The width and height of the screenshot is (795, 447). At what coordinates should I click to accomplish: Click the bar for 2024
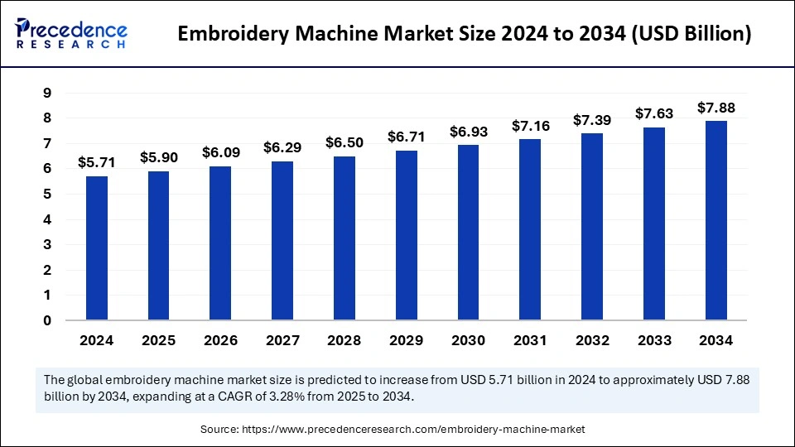point(97,248)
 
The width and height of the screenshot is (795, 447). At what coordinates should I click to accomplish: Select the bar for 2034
point(715,220)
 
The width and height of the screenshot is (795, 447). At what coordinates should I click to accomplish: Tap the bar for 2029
point(407,235)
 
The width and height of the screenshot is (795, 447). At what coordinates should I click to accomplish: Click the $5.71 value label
point(97,163)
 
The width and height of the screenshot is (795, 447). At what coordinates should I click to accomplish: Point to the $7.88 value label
point(715,108)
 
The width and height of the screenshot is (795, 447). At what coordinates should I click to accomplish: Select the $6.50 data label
point(344,143)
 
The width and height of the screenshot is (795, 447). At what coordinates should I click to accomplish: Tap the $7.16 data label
point(530,126)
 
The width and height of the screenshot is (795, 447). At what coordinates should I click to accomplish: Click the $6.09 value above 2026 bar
point(220,153)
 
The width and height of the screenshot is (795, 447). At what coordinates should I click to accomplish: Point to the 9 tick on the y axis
point(47,93)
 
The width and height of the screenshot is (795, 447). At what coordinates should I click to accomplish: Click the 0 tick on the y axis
point(47,320)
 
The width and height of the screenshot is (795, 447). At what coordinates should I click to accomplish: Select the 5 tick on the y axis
point(47,195)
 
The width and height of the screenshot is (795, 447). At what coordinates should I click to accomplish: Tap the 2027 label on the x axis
point(282,340)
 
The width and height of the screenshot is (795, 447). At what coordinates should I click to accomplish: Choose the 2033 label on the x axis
point(653,340)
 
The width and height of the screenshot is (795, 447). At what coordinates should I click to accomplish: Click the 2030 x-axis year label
point(468,340)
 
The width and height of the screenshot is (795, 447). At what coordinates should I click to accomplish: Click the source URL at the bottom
point(413,430)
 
